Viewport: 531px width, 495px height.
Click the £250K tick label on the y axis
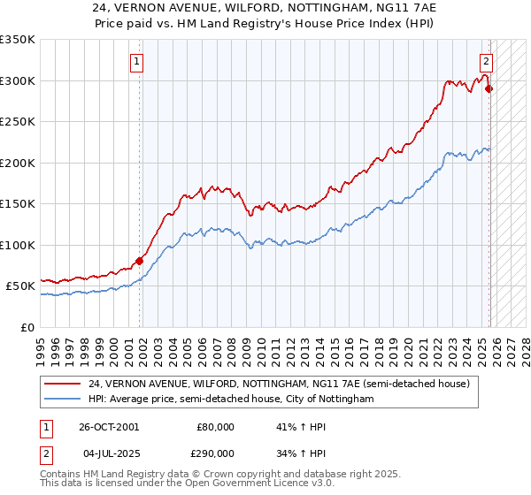point(18,121)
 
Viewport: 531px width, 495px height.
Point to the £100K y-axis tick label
point(18,245)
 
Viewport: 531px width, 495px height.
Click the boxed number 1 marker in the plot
point(138,62)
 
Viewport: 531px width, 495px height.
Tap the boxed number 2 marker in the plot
point(486,62)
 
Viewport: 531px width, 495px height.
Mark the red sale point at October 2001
point(140,261)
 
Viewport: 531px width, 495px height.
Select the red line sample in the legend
point(63,384)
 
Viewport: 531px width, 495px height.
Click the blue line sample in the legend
point(63,400)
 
